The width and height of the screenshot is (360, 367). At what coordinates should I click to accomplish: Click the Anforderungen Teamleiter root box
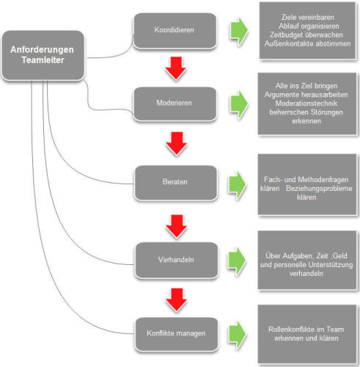(43, 55)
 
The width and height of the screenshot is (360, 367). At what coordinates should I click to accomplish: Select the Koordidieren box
(175, 31)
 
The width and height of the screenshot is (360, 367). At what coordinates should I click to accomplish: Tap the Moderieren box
(175, 103)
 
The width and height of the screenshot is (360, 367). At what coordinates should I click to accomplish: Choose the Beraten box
(176, 183)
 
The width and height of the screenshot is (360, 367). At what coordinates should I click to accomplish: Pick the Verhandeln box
(177, 260)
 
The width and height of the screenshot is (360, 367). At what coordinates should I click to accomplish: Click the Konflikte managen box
(177, 334)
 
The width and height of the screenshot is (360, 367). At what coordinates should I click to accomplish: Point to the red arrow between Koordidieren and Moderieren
(176, 68)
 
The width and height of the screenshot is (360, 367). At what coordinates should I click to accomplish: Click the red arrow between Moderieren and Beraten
(177, 144)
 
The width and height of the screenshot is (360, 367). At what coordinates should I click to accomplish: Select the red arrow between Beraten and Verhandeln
(177, 226)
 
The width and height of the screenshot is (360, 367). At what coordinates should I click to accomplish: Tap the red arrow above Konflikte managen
(177, 299)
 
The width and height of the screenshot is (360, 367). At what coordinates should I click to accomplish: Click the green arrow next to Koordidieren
(239, 32)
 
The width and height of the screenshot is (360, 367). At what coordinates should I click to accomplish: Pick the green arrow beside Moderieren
(239, 104)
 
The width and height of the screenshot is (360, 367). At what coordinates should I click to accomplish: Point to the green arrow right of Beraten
(237, 185)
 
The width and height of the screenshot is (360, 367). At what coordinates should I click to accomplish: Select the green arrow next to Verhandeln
(237, 261)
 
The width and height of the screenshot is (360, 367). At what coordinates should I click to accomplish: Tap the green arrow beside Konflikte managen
(237, 335)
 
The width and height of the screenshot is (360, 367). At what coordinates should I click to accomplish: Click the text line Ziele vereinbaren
(307, 18)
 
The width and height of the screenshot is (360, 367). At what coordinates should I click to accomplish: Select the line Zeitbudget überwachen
(306, 35)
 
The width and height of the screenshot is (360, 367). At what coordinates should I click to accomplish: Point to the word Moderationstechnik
(306, 103)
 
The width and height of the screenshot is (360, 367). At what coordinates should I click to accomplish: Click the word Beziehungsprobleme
(319, 189)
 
